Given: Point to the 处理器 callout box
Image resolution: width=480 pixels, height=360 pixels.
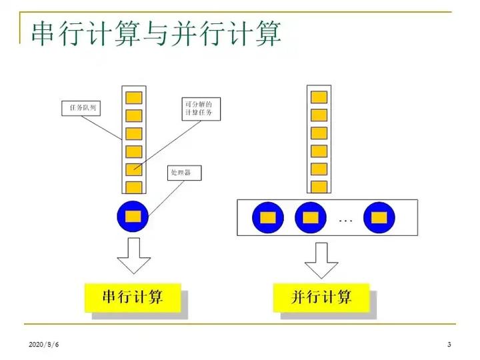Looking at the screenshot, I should [x=185, y=173].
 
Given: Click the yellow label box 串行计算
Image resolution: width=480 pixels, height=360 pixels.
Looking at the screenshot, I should [x=133, y=297].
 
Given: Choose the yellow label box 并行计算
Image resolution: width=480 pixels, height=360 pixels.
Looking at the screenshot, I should [x=321, y=297].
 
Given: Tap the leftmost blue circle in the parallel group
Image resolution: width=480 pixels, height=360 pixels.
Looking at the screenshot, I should [x=268, y=217].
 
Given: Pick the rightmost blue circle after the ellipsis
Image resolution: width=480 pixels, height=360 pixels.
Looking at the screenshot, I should [x=379, y=217].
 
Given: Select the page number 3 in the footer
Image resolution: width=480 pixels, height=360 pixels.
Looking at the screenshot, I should [x=449, y=344].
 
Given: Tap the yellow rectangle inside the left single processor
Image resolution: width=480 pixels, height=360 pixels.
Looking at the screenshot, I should [x=133, y=215].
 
